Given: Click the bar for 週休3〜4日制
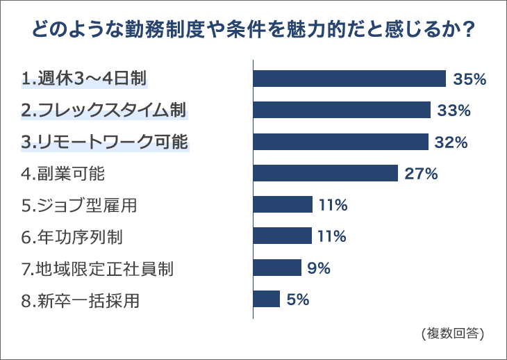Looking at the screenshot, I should point(349,79).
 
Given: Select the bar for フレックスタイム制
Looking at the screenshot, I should point(342,110).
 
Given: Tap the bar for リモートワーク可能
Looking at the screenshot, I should point(340,142).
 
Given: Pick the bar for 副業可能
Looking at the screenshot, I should point(325,173).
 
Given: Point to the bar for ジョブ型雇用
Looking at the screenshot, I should point(283,204).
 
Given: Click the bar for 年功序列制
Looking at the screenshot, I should point(283,236).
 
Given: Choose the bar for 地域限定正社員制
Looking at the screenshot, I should point(277,268).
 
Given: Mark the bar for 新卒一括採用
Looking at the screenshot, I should point(267,299).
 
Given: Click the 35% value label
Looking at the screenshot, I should point(469,79).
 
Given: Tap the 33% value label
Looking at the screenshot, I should point(454,111).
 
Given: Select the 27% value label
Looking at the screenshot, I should point(421,174).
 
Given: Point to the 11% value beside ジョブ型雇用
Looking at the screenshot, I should point(333,205).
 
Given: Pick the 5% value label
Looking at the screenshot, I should point(297,300).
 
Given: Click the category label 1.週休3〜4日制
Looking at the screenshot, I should point(85,79).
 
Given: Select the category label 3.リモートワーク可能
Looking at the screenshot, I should point(105,142).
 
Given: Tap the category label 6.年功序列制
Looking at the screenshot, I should point(72,237).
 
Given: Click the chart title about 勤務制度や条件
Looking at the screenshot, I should point(253,31).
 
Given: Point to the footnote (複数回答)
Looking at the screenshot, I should point(452,333).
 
